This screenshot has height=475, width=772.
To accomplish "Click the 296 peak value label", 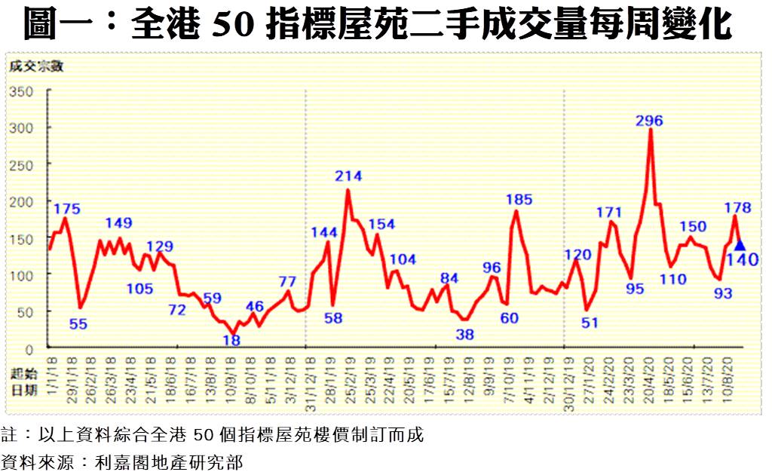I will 650,121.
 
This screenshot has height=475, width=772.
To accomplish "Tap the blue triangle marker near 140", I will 740,245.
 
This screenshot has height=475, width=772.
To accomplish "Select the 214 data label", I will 348,176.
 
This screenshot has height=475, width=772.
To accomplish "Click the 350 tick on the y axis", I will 23,92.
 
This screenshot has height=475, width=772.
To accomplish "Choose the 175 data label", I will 67,209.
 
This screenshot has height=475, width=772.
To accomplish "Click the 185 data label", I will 519,200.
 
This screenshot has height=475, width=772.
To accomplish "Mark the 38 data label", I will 465,334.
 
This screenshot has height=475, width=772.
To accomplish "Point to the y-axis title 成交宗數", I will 36,66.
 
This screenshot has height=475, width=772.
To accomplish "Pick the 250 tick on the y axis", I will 23,164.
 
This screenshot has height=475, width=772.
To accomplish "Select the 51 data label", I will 590,323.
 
